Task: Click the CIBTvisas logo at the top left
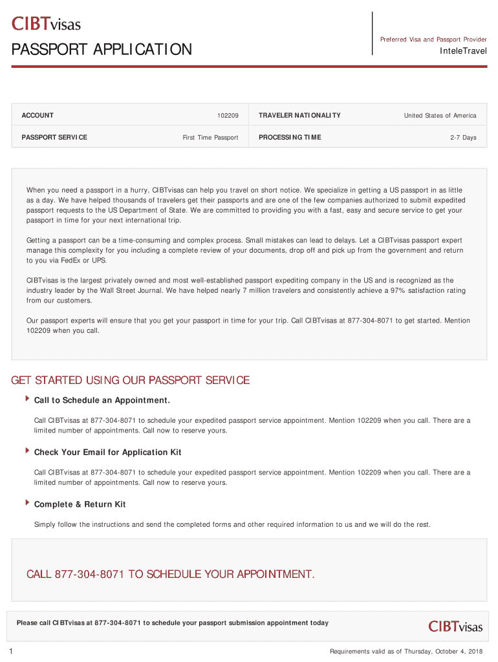tap(46, 24)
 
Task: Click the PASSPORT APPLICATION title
tap(102, 49)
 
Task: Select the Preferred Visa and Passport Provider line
tap(433, 39)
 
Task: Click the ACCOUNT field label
tap(38, 116)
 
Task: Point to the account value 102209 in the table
tap(228, 116)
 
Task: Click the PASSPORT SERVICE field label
tap(54, 137)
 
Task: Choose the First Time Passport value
tap(210, 138)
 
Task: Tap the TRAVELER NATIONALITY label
tap(299, 116)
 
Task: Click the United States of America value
tap(440, 116)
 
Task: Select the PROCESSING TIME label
tap(290, 137)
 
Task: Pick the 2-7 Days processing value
tap(463, 138)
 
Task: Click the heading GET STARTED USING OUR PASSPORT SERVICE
tap(131, 380)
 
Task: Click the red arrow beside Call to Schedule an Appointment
tap(27, 399)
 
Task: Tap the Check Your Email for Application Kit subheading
tap(107, 452)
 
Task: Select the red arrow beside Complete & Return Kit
tap(27, 502)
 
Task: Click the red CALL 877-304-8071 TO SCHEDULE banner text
tap(170, 574)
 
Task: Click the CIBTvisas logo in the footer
tap(455, 626)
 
